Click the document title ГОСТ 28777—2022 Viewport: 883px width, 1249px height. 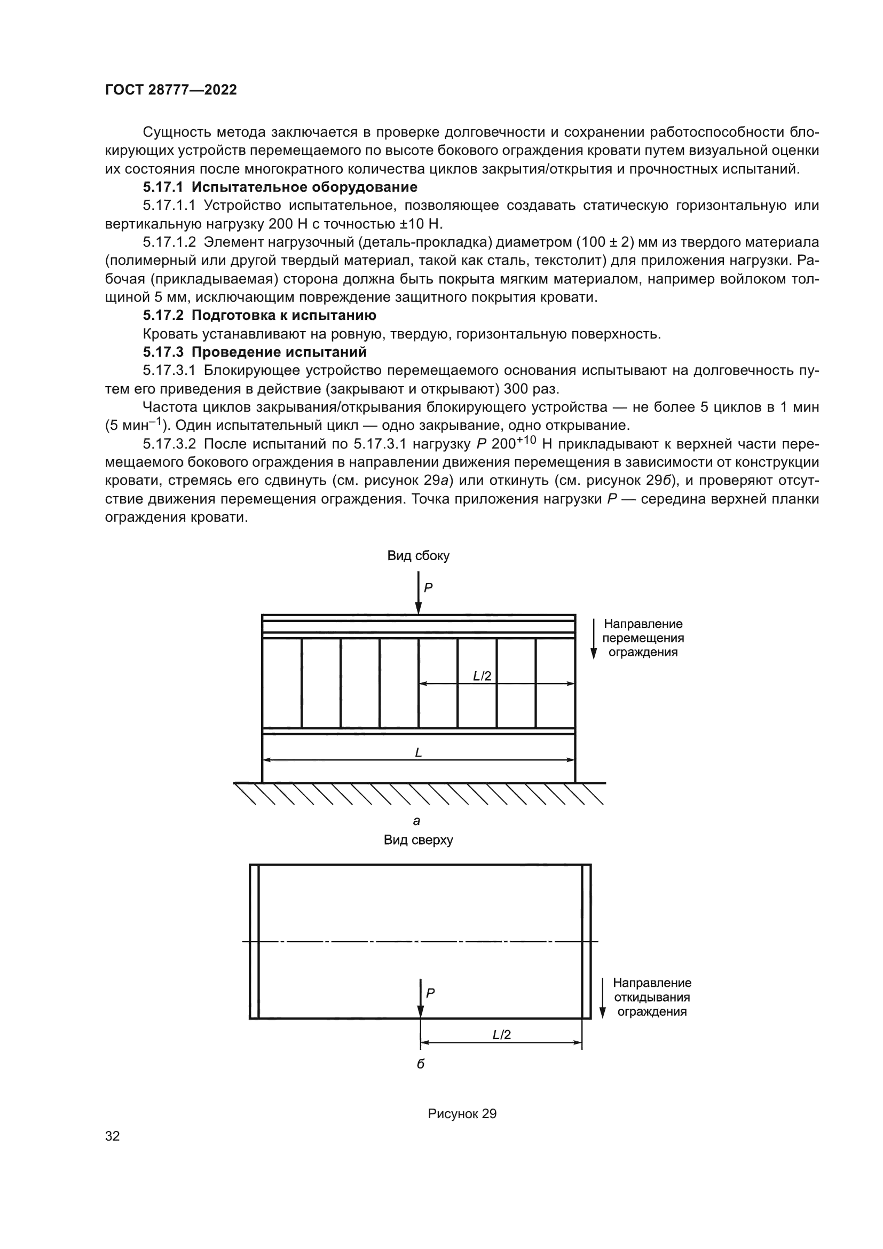pyautogui.click(x=171, y=90)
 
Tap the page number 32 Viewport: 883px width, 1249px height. pyautogui.click(x=113, y=1136)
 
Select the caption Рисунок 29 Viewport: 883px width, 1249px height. pyautogui.click(x=462, y=1113)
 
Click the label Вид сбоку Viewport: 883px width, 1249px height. pyautogui.click(x=418, y=555)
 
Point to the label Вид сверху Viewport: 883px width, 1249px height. pyautogui.click(x=418, y=839)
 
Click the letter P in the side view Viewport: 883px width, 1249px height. pyautogui.click(x=429, y=587)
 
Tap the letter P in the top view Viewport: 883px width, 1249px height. pyautogui.click(x=430, y=993)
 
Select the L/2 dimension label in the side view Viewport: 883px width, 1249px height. pyautogui.click(x=482, y=676)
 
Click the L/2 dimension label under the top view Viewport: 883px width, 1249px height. pyautogui.click(x=501, y=1035)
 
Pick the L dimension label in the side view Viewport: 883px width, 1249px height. pyautogui.click(x=418, y=752)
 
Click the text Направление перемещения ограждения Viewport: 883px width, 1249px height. pyautogui.click(x=643, y=638)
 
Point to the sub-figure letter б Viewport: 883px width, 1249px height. pyautogui.click(x=420, y=1064)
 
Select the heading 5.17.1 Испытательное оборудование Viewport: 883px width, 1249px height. pyautogui.click(x=280, y=187)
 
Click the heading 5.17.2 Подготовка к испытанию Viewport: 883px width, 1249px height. pyautogui.click(x=259, y=316)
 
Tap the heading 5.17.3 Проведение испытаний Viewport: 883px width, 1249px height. pyautogui.click(x=255, y=352)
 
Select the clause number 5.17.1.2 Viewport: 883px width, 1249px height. pyautogui.click(x=169, y=242)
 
